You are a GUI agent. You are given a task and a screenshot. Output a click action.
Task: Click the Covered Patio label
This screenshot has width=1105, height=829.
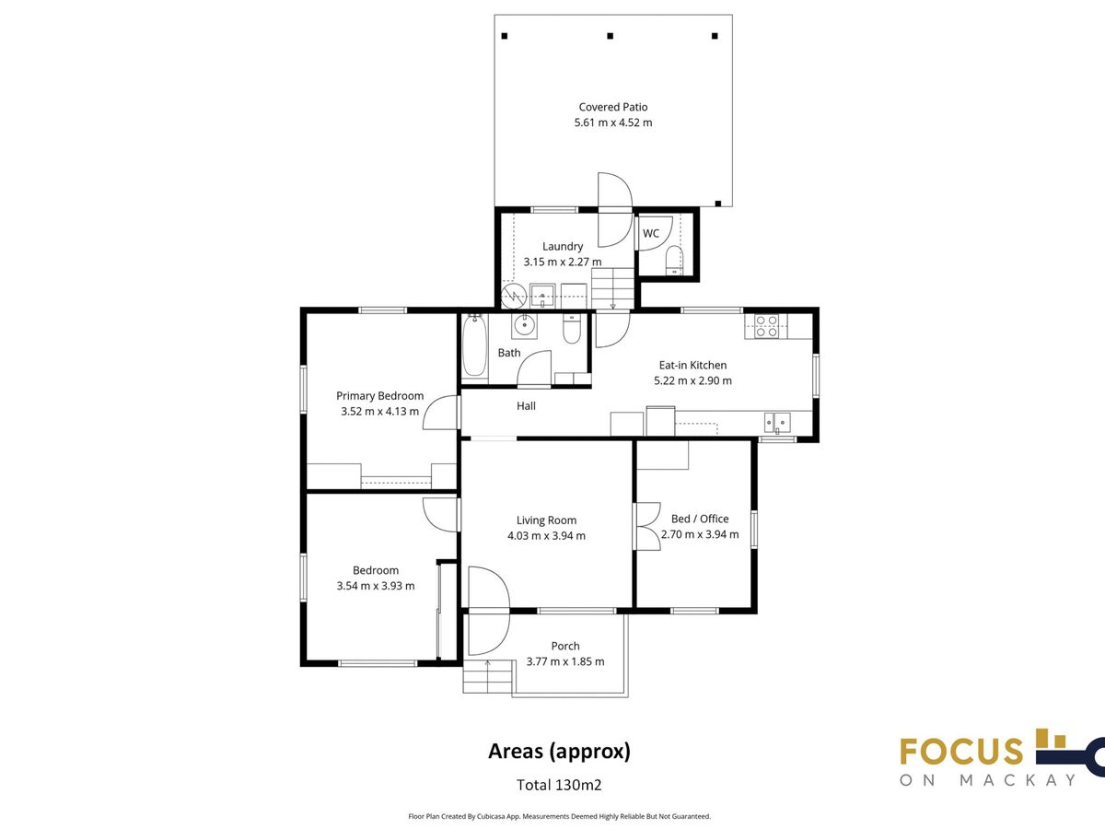point(612,107)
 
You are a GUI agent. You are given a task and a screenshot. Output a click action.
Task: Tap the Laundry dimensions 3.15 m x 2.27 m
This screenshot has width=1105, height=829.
point(563,262)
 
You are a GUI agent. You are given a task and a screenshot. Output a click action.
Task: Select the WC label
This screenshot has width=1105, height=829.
point(651,234)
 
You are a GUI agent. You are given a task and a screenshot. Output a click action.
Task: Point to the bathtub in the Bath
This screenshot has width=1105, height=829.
point(475,345)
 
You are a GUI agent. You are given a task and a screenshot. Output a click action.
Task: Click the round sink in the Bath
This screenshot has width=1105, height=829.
point(525,326)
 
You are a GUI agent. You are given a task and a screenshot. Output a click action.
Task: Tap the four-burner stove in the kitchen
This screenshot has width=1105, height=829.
point(766,326)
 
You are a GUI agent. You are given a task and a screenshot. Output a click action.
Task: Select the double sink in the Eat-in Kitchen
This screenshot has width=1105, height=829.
point(777,422)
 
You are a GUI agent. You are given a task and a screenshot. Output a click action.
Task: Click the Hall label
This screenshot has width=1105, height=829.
point(526,405)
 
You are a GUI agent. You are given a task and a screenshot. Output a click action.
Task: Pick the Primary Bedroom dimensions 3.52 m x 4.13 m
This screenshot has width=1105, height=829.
point(379,411)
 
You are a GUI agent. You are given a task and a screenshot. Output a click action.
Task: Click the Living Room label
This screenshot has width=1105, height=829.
point(546,520)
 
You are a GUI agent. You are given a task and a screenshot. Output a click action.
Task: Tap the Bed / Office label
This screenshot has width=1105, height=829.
point(700,519)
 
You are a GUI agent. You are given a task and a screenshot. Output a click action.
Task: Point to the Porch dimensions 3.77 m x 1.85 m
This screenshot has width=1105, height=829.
point(565,661)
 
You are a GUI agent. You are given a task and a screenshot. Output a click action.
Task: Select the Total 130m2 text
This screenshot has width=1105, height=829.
point(559,785)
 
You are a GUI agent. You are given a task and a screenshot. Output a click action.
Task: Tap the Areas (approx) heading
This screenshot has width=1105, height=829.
point(559,752)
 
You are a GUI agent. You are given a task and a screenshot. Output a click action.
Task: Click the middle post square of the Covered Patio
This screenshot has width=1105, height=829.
point(611,36)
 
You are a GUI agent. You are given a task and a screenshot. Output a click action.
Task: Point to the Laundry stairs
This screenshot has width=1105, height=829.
point(612,288)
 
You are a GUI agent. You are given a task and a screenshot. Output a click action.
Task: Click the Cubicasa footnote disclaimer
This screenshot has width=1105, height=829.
point(559,816)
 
